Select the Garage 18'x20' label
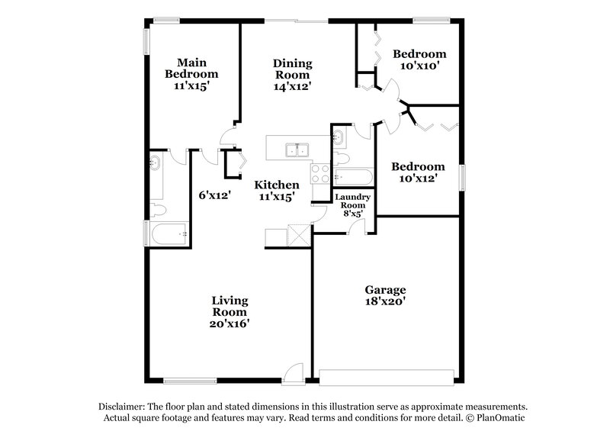click(x=384, y=295)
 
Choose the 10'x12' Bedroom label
click(x=417, y=172)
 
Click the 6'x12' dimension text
click(x=215, y=195)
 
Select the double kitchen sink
click(x=295, y=150)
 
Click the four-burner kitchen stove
click(x=320, y=172)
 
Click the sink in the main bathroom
click(x=156, y=162)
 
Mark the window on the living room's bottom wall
click(x=187, y=380)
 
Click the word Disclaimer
click(x=121, y=407)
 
